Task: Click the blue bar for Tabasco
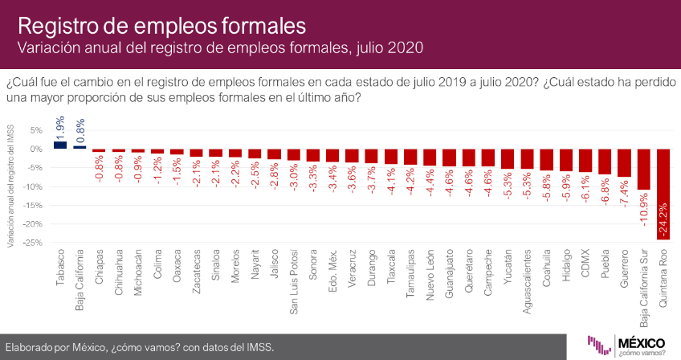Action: point(60,145)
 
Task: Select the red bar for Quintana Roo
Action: point(664,194)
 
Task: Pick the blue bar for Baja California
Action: point(80,147)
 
